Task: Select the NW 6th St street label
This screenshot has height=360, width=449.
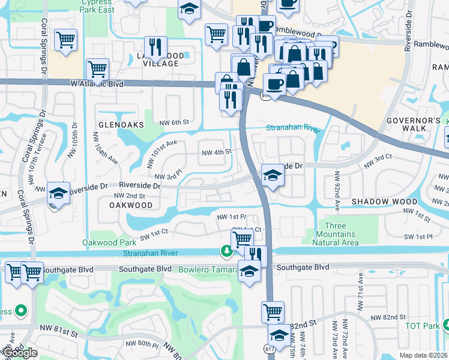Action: tap(174, 122)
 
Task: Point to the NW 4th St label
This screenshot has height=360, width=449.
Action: tap(216, 152)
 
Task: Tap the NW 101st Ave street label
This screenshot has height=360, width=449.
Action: tap(161, 154)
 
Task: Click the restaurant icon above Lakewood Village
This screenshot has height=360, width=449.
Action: tap(155, 46)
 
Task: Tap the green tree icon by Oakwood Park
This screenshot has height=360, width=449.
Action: tap(226, 251)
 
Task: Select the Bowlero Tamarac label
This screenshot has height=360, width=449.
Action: tap(207, 269)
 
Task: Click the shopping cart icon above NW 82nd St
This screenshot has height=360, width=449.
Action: tap(273, 311)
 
